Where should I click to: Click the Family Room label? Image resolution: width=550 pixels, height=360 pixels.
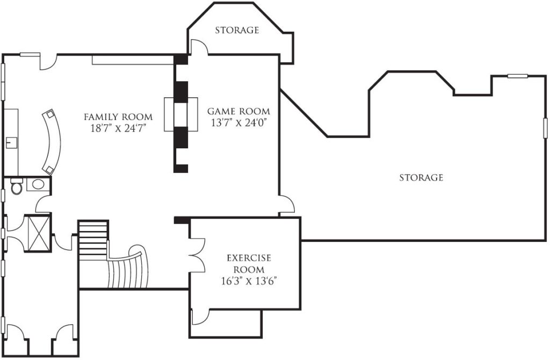pyautogui.click(x=118, y=117)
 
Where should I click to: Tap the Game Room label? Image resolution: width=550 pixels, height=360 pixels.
pyautogui.click(x=238, y=112)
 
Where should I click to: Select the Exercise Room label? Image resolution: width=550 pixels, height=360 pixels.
pyautogui.click(x=249, y=264)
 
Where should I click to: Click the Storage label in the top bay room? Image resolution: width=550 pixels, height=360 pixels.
pyautogui.click(x=237, y=30)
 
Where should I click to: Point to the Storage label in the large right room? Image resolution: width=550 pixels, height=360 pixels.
pyautogui.click(x=421, y=177)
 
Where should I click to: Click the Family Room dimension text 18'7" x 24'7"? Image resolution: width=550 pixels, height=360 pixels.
pyautogui.click(x=118, y=128)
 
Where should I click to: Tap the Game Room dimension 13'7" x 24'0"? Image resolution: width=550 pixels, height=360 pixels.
pyautogui.click(x=238, y=123)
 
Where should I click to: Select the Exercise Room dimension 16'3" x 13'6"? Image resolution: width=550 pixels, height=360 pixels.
pyautogui.click(x=249, y=282)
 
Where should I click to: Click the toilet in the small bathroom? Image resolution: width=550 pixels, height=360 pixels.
pyautogui.click(x=16, y=186)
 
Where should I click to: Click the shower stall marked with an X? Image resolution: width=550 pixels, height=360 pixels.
pyautogui.click(x=39, y=233)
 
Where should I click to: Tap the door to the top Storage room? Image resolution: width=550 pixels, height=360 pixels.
pyautogui.click(x=199, y=47)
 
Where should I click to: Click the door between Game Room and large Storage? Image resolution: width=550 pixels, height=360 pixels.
pyautogui.click(x=287, y=205)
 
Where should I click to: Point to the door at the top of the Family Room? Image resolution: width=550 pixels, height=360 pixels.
pyautogui.click(x=48, y=62)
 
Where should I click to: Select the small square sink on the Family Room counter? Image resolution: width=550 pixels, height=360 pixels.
pyautogui.click(x=12, y=142)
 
